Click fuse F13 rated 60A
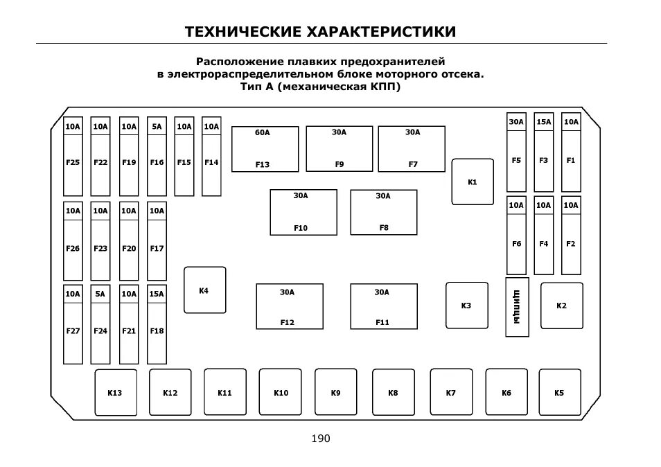[x=265, y=148]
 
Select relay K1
[x=473, y=182]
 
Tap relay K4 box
[x=204, y=290]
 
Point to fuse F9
[x=339, y=148]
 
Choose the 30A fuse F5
[x=516, y=152]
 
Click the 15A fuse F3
[x=544, y=152]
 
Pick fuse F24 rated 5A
[x=100, y=324]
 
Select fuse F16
[x=157, y=156]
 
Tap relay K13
[x=115, y=393]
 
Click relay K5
[x=560, y=392]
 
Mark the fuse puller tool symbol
[x=517, y=307]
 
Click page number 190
[x=321, y=439]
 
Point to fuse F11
[x=383, y=306]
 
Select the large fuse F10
[x=303, y=212]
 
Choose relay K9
[x=336, y=392]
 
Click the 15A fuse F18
[x=157, y=324]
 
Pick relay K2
[x=561, y=306]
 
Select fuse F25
[x=73, y=156]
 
